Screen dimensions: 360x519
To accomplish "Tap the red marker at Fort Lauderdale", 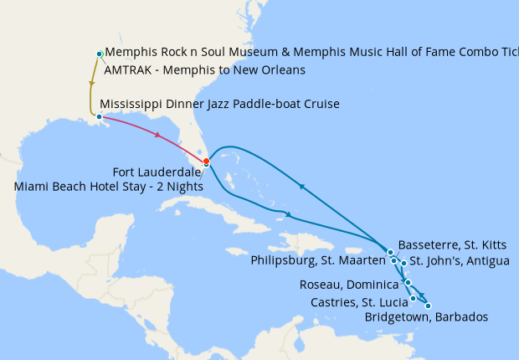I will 207,162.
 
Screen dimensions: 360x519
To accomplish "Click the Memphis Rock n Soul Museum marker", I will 100,54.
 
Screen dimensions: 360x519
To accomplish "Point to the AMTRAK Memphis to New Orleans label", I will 204,70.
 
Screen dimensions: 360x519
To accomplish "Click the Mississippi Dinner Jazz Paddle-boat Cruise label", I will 219,105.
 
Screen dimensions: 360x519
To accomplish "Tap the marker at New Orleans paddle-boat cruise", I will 100,116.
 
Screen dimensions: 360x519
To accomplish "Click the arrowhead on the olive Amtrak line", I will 91,84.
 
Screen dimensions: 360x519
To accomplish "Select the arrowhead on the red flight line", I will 157,135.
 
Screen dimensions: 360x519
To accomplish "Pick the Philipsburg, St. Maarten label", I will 317,261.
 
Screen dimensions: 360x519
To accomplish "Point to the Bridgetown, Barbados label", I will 426,317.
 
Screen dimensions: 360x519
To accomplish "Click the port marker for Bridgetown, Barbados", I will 429,306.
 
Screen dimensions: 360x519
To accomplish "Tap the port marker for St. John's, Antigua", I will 404,263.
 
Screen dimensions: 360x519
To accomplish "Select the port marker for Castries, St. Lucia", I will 413,298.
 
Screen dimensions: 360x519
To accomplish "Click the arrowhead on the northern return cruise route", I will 301,186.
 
